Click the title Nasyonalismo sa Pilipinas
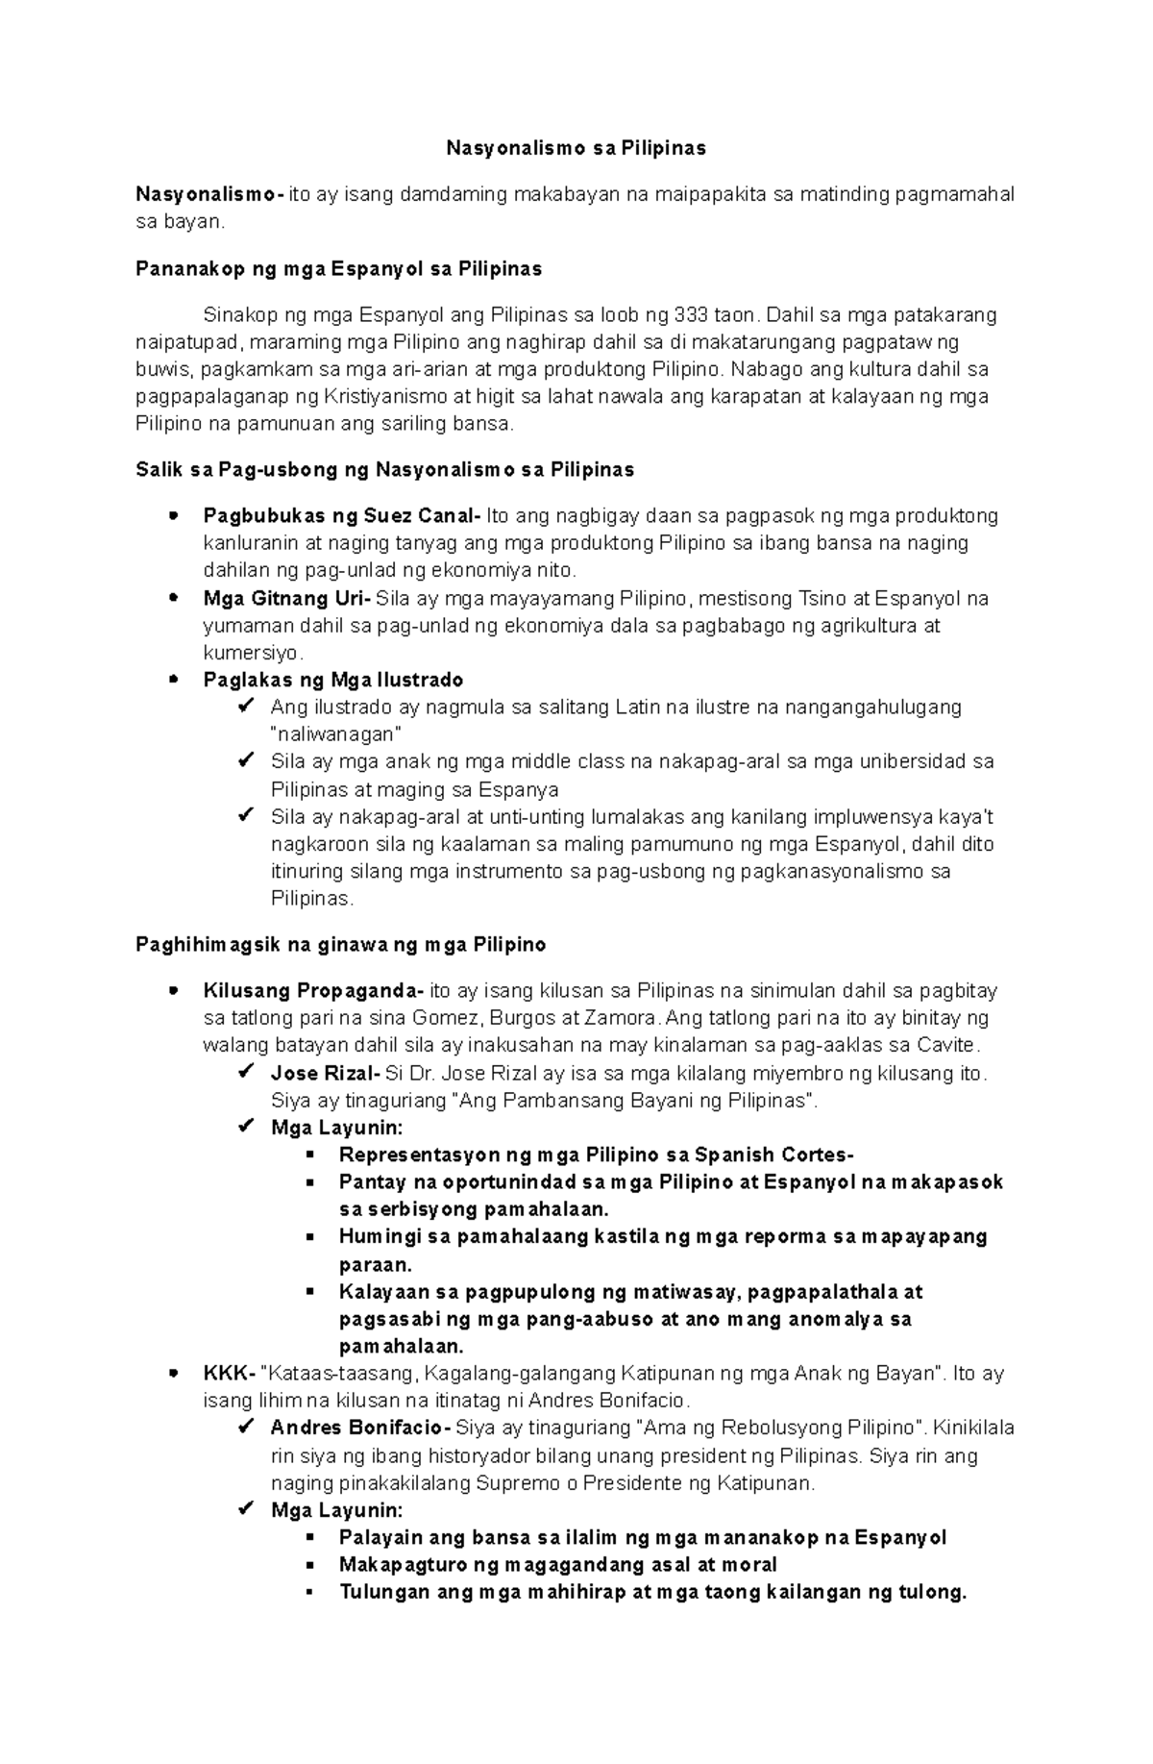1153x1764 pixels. (x=576, y=148)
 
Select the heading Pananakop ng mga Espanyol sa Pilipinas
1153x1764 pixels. (x=338, y=269)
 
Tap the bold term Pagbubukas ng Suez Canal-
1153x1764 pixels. (x=341, y=516)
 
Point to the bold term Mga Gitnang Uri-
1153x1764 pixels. (x=286, y=599)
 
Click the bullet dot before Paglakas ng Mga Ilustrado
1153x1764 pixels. (x=173, y=680)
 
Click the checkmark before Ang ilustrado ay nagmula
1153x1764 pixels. (x=245, y=708)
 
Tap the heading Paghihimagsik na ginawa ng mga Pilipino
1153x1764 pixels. (x=341, y=945)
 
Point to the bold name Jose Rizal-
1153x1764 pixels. (x=326, y=1074)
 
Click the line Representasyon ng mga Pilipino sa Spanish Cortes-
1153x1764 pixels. (x=596, y=1155)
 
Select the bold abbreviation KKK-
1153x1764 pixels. (x=229, y=1374)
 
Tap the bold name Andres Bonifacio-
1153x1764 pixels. (x=361, y=1428)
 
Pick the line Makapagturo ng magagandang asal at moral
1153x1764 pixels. (x=557, y=1565)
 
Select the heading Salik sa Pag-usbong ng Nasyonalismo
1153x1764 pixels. (x=384, y=470)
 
